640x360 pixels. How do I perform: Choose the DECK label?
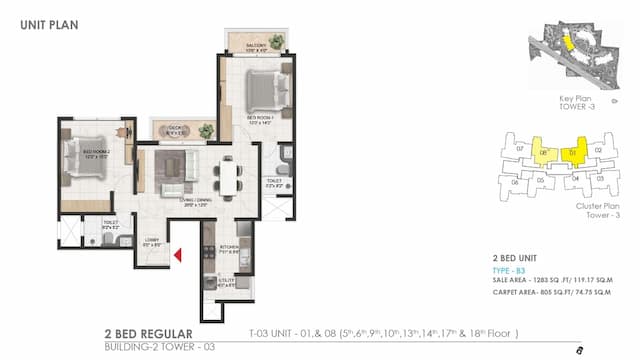click(x=172, y=128)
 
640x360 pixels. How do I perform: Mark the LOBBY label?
click(x=151, y=242)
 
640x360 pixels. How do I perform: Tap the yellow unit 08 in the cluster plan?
click(x=545, y=153)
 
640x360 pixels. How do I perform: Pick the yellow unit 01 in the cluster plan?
click(x=572, y=153)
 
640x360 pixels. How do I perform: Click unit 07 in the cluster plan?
click(x=520, y=148)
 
